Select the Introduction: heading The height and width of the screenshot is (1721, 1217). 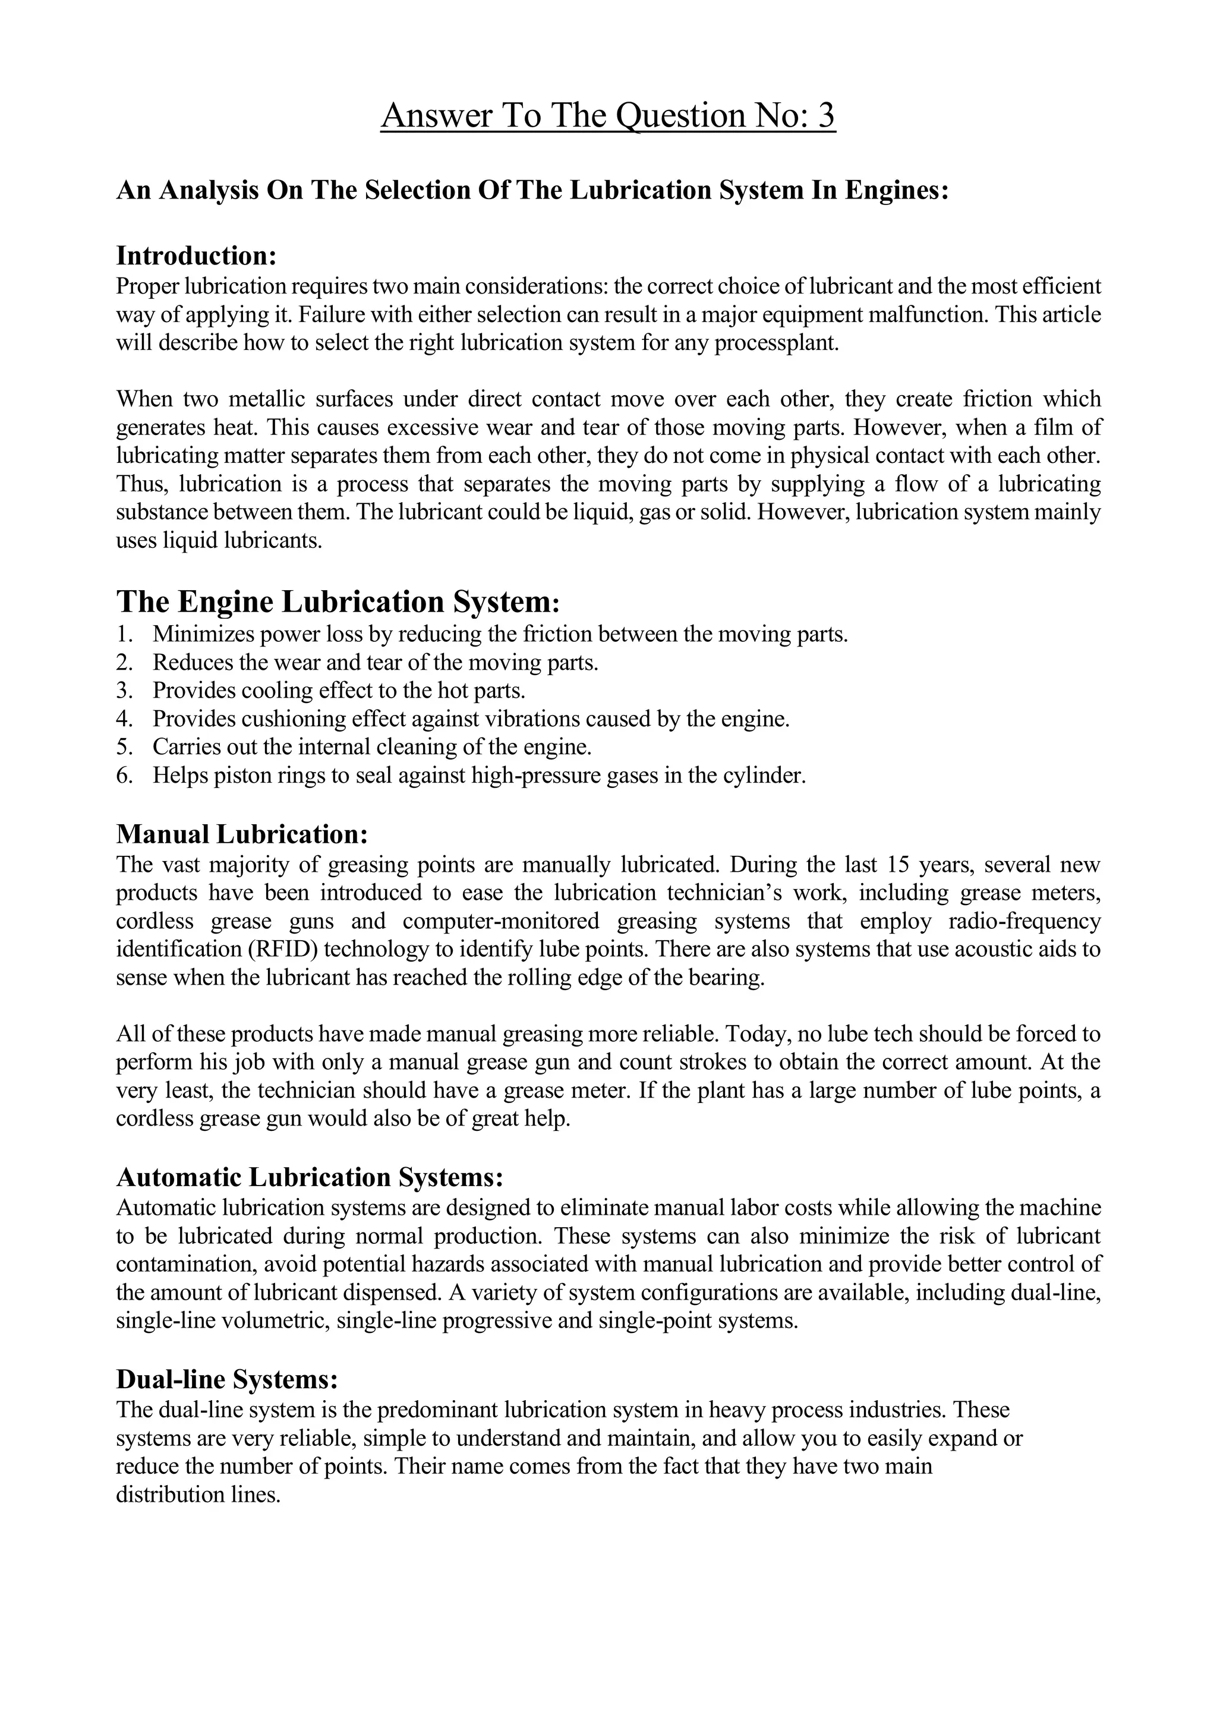[x=197, y=256]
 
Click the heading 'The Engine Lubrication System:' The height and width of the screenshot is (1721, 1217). [x=338, y=602]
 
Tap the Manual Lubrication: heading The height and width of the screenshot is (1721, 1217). [x=242, y=834]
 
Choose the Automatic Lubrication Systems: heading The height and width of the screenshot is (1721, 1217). [x=309, y=1177]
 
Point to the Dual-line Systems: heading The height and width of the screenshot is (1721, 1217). [x=227, y=1379]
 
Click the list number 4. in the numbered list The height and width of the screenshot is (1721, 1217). [x=124, y=719]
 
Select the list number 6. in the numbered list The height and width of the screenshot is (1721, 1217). [x=124, y=775]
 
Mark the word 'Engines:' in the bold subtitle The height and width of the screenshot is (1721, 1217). [x=897, y=190]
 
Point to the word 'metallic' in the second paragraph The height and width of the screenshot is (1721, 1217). [x=266, y=399]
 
